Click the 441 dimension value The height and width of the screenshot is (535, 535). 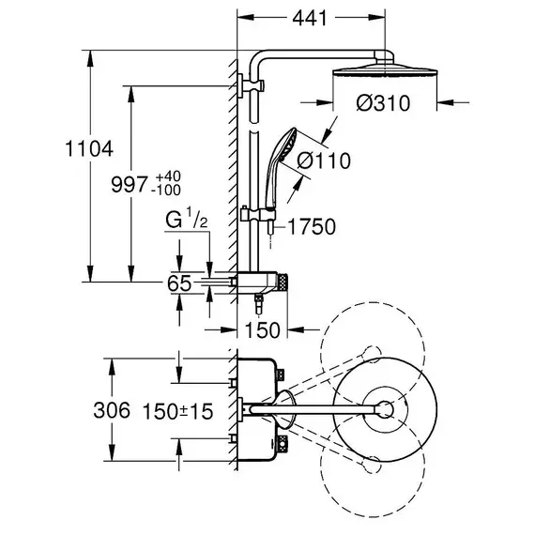[310, 18]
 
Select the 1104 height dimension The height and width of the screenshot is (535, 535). [89, 148]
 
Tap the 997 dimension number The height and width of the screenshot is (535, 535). [130, 185]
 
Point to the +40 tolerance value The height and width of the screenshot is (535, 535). [168, 176]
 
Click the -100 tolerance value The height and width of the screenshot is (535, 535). [166, 191]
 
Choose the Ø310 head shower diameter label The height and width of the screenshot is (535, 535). [383, 103]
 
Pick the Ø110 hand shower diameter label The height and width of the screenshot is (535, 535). [324, 160]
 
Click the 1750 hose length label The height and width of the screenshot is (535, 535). [312, 226]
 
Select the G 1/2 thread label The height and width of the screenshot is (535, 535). [186, 220]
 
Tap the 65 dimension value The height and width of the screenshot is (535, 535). [179, 283]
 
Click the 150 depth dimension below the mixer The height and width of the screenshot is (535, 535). [263, 330]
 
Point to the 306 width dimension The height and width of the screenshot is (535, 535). [112, 410]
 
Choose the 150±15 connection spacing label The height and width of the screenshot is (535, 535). [177, 411]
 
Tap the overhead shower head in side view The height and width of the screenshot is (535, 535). [385, 70]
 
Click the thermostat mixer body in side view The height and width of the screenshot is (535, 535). [262, 283]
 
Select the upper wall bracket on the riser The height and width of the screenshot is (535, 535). [252, 85]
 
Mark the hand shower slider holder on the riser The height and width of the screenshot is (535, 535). [258, 215]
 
